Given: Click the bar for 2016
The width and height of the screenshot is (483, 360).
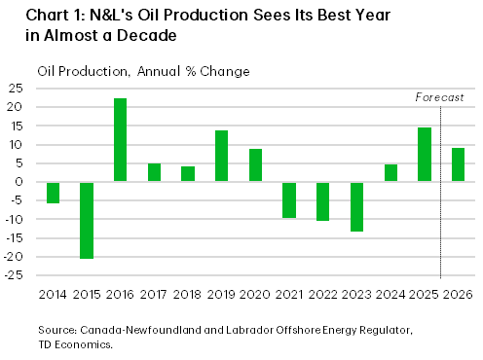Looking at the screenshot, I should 120,140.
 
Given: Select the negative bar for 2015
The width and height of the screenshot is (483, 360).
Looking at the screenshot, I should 87,220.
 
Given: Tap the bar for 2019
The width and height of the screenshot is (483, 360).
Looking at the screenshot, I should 221,156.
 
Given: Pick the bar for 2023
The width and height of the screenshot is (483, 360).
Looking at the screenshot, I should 356,206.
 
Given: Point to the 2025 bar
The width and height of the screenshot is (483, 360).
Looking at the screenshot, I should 424,155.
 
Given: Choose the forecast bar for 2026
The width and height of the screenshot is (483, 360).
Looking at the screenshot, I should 458,164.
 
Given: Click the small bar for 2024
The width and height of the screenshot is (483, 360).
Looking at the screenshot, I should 390,173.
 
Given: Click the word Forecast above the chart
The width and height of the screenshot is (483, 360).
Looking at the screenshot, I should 439,97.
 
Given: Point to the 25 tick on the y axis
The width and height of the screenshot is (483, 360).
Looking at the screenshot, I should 16,89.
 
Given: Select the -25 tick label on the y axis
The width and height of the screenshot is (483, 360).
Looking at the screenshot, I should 14,276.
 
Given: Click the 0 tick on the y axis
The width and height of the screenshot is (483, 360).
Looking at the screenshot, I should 19,182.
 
